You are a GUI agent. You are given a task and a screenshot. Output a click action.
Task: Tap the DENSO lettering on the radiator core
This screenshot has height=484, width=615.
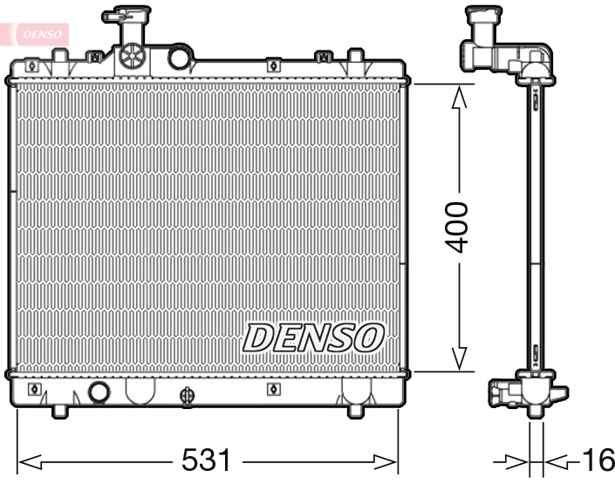pos(313,337)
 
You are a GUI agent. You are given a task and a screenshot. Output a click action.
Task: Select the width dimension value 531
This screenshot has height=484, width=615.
pos(207,460)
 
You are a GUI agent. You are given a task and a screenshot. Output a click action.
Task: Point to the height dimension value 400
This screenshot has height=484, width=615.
pos(457,227)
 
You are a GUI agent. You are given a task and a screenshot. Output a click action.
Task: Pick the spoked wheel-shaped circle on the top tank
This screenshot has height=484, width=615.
pos(132,56)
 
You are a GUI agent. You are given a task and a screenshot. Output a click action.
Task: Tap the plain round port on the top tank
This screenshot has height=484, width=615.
pos(180,58)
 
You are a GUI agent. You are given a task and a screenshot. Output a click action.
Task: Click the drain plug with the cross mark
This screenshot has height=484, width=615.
pos(186,396)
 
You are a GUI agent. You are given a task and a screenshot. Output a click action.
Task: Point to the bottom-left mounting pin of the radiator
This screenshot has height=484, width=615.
pos(60,409)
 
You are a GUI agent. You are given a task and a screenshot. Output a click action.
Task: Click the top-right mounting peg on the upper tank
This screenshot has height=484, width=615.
pos(355,57)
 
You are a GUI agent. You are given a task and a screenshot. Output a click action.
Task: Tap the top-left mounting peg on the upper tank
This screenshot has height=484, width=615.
pos(60,57)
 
